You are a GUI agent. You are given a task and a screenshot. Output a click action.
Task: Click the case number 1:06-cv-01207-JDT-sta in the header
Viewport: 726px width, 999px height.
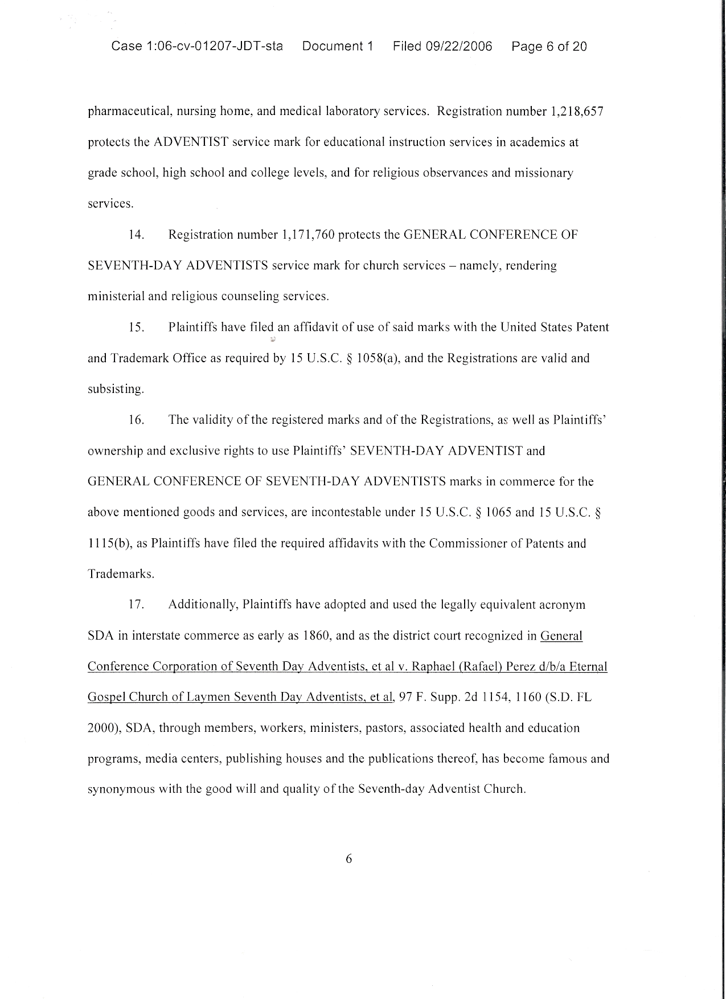pos(197,47)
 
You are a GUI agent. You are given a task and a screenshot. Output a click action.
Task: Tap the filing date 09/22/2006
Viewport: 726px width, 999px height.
pos(459,47)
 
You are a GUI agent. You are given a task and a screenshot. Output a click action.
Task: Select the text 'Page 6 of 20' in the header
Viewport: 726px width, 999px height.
pos(549,47)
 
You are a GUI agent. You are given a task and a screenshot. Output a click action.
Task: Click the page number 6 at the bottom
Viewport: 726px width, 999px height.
pos(349,859)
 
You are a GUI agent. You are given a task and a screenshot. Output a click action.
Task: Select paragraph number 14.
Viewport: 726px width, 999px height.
pos(137,235)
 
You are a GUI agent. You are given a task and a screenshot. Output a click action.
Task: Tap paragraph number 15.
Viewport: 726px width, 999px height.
pos(137,327)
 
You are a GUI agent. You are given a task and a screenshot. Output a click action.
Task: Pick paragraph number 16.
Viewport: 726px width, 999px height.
pos(137,420)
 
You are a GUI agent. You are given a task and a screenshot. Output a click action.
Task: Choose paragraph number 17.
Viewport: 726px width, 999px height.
pos(137,604)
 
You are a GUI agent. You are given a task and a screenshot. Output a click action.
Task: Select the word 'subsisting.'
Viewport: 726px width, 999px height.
pos(116,390)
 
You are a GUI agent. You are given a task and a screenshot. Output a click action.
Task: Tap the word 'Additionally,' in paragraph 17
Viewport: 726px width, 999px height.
pos(203,604)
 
